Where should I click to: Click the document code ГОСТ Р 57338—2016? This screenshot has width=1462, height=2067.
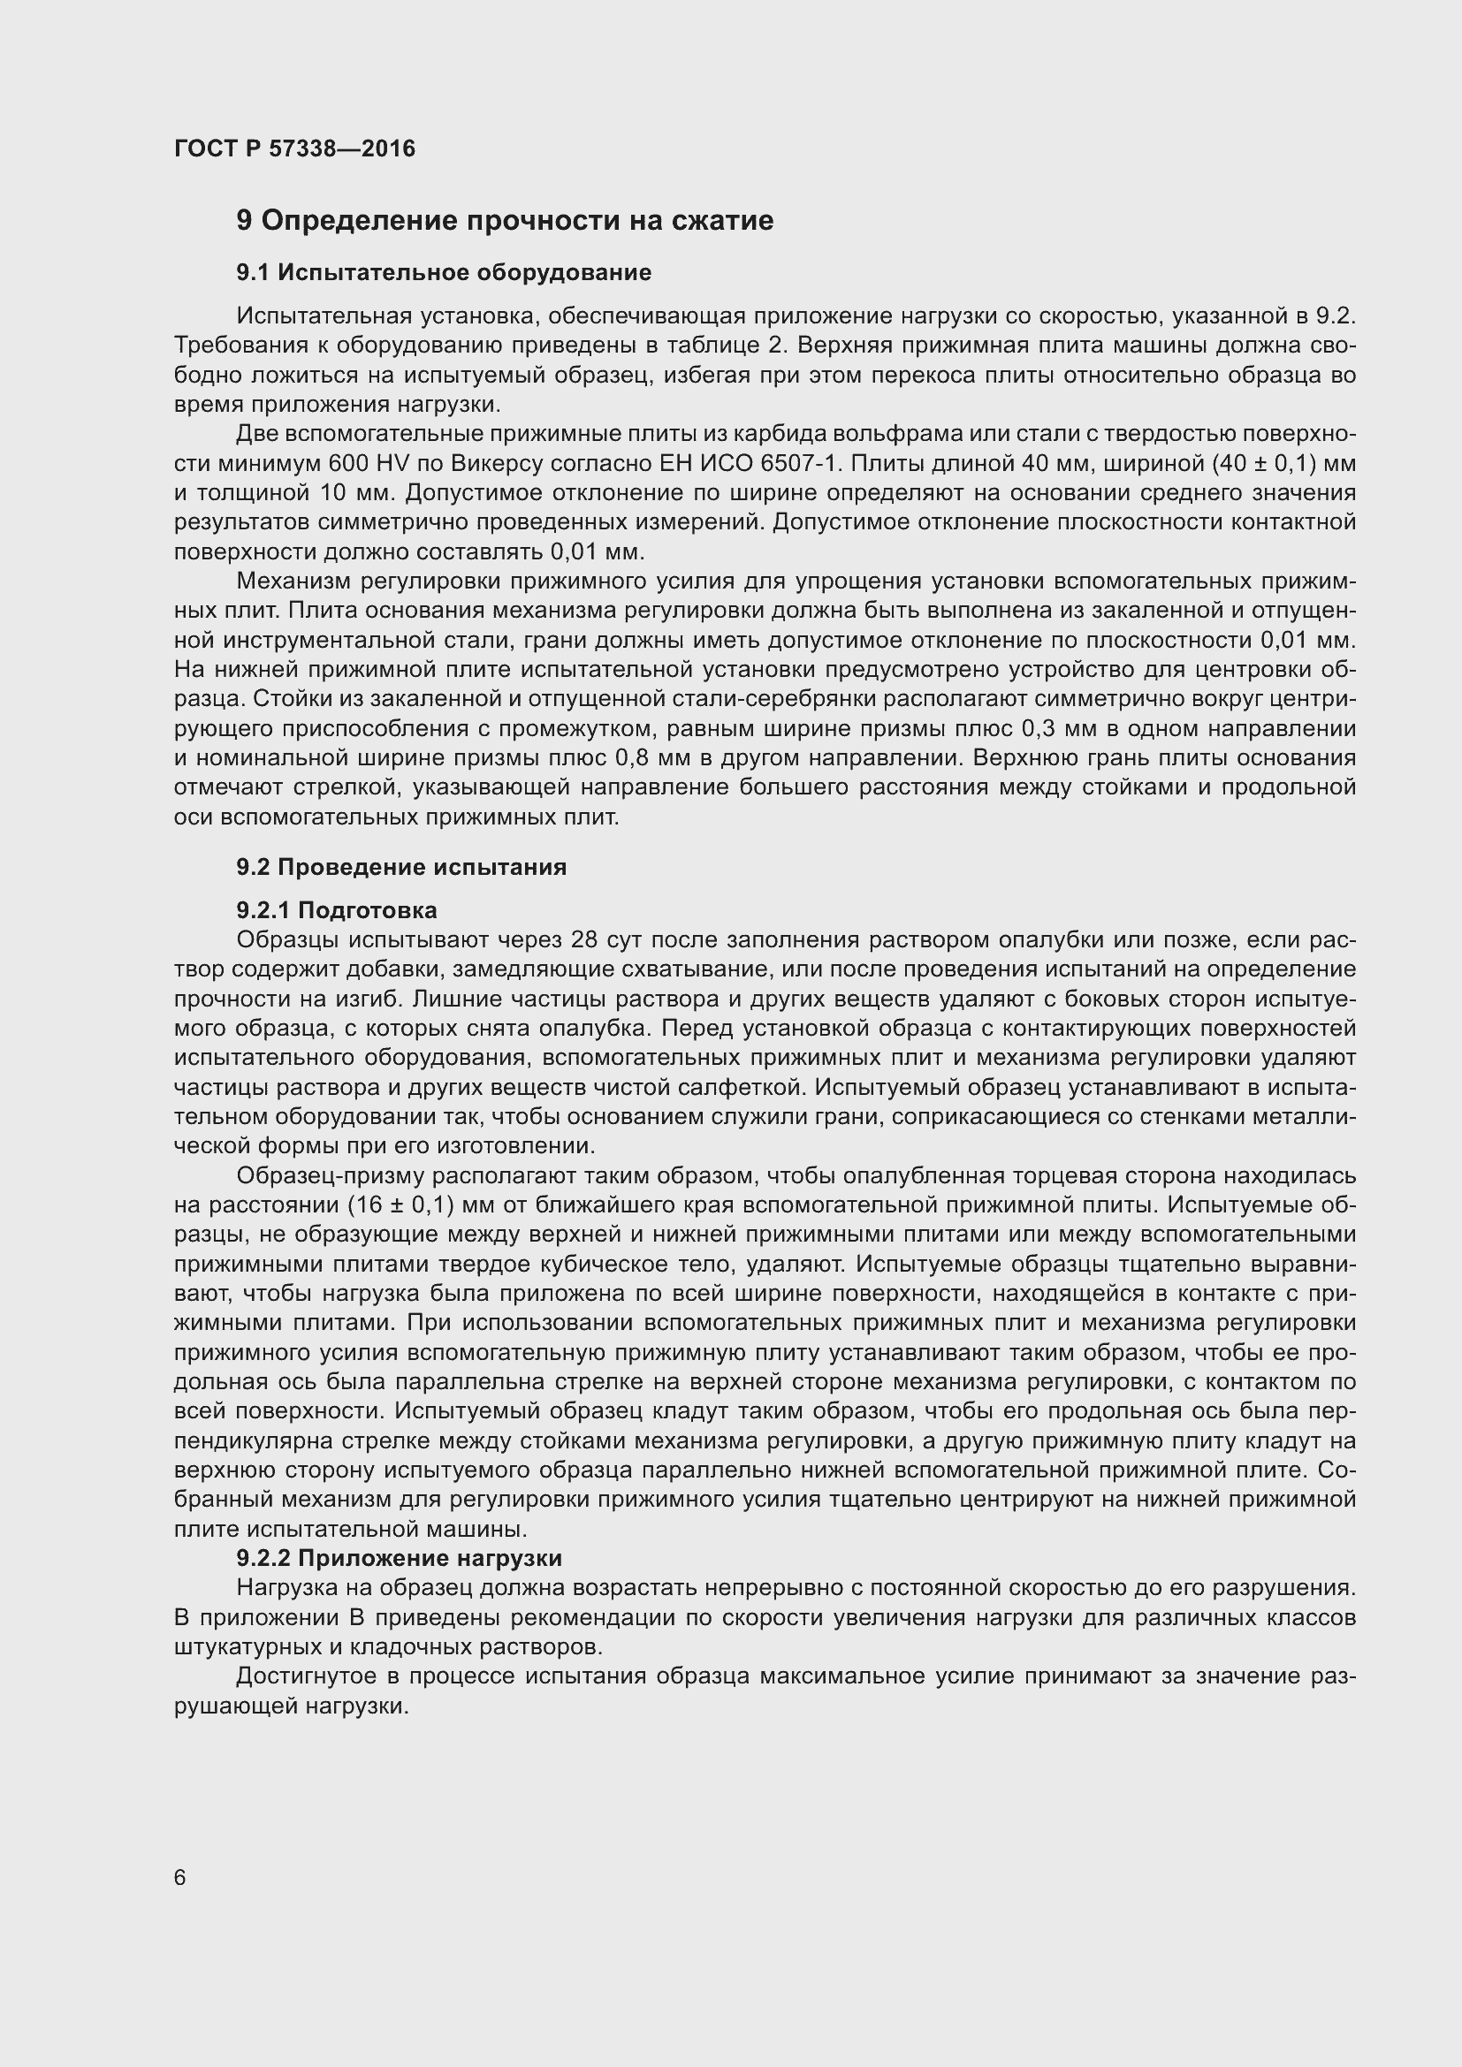(x=294, y=148)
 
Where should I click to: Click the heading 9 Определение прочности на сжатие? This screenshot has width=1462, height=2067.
(x=504, y=221)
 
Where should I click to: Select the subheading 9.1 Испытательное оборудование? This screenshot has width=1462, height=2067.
(x=443, y=272)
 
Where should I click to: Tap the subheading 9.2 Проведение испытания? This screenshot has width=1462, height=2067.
(x=400, y=867)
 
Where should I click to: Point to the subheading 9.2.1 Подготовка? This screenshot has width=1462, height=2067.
(x=336, y=910)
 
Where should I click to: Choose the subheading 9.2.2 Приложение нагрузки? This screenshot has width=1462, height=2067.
(x=399, y=1558)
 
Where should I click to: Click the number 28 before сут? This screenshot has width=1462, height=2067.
(x=584, y=940)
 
